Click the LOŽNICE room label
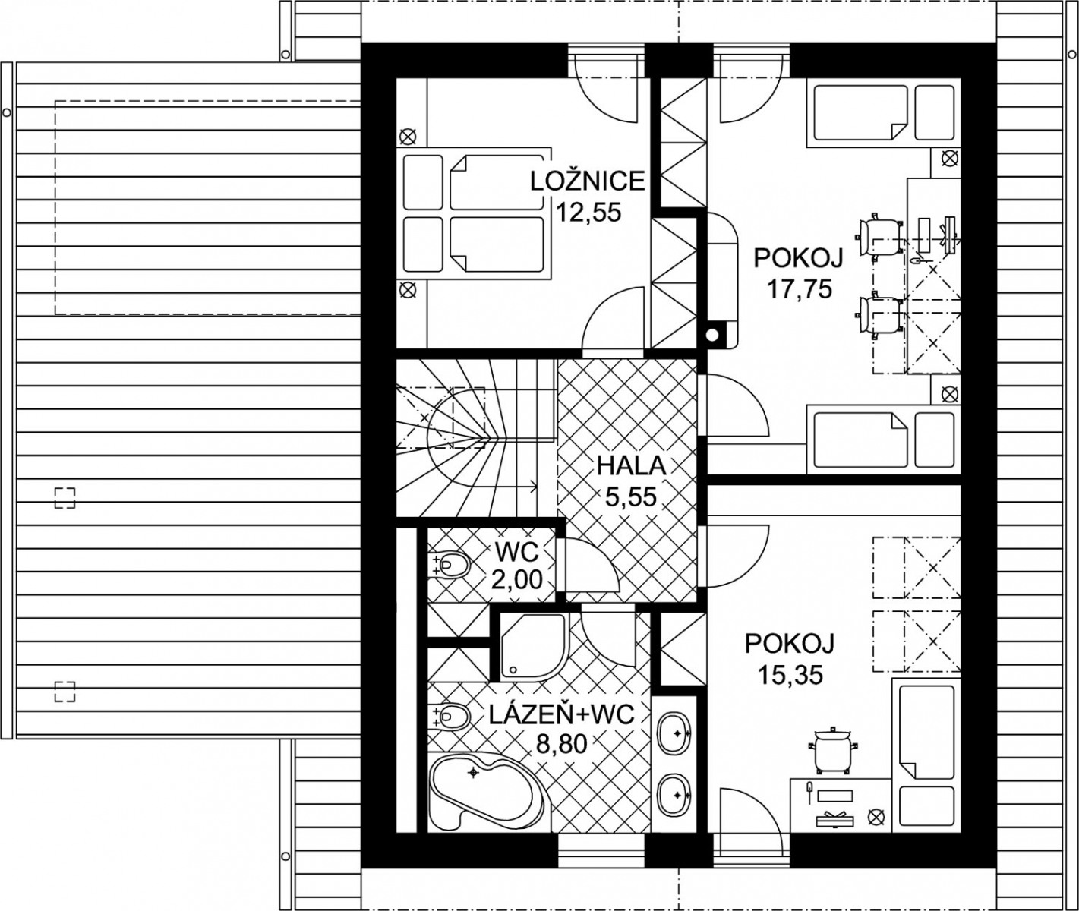588,181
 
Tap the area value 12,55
588,213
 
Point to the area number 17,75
799,288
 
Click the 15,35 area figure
790,675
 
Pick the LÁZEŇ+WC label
561,717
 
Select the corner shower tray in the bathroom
533,647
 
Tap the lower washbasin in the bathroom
674,796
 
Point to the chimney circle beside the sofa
712,335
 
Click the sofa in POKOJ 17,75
723,279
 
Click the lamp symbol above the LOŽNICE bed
409,137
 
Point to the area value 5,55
631,497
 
